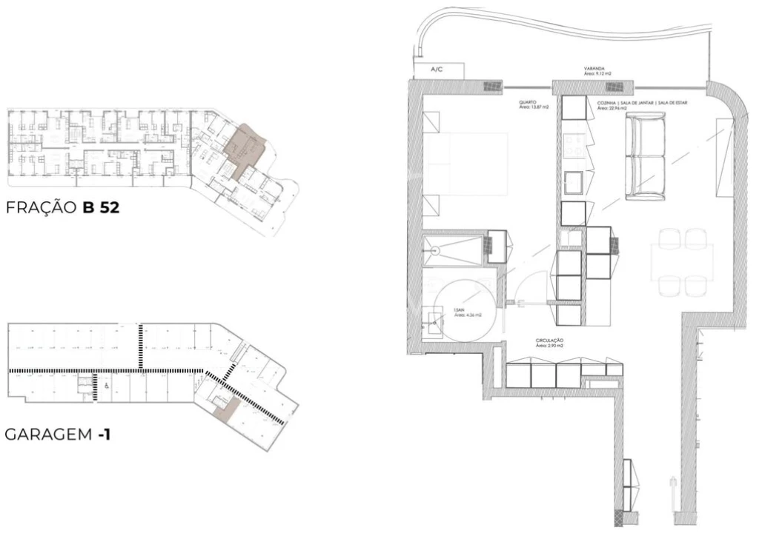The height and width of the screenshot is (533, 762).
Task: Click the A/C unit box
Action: [437, 69]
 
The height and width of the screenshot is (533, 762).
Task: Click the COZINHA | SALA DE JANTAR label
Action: [642, 104]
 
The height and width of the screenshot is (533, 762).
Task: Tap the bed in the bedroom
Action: [465, 164]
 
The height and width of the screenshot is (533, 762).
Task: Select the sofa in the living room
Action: [646, 155]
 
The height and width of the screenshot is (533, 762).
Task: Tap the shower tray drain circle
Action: [437, 249]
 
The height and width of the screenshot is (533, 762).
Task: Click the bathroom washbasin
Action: [435, 321]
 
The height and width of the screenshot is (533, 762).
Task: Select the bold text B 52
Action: [102, 209]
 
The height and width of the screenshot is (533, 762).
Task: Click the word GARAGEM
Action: [49, 435]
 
